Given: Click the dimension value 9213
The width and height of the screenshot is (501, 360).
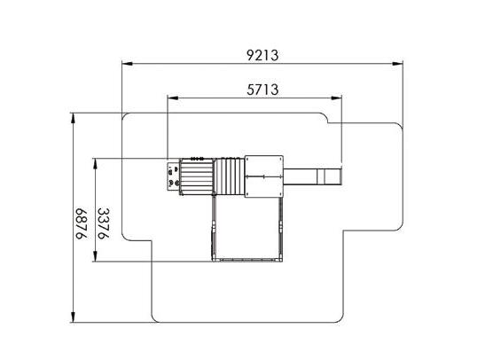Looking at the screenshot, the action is pyautogui.click(x=262, y=55).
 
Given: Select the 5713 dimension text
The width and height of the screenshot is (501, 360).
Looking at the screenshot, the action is pyautogui.click(x=262, y=90).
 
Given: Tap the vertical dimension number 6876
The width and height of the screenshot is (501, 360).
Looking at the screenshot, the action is pyautogui.click(x=81, y=223).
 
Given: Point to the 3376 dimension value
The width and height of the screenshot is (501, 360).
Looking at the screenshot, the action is pyautogui.click(x=103, y=223).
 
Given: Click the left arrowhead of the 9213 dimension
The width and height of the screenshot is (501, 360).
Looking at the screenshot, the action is pyautogui.click(x=128, y=64).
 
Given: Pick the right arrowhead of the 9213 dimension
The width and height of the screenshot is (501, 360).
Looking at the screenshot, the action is pyautogui.click(x=397, y=64).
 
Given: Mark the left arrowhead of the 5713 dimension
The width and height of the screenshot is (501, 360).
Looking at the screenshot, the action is pyautogui.click(x=173, y=98).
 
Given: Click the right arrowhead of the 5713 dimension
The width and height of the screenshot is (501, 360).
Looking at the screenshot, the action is pyautogui.click(x=336, y=98).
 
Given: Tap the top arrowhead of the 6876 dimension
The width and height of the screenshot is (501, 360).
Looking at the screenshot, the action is pyautogui.click(x=74, y=118).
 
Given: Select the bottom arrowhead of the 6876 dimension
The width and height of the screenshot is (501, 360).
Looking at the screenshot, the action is pyautogui.click(x=74, y=317).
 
